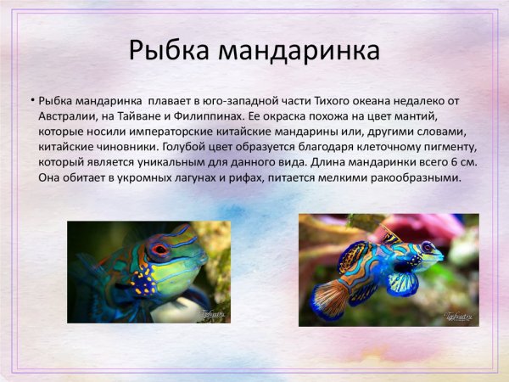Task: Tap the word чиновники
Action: point(123,149)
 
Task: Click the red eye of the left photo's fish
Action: point(159,250)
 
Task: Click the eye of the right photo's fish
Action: point(427,248)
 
